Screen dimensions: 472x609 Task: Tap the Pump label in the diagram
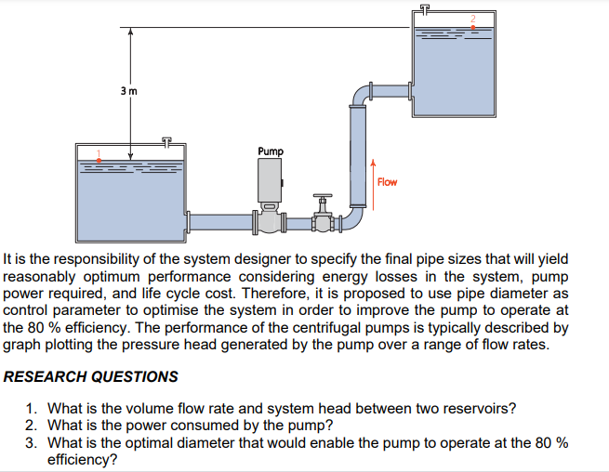pyautogui.click(x=271, y=151)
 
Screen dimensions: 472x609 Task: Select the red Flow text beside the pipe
pyautogui.click(x=387, y=181)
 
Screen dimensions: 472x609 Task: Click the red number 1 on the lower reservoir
pyautogui.click(x=99, y=153)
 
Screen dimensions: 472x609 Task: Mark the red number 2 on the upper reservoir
pyautogui.click(x=472, y=20)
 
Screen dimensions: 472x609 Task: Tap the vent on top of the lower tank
pyautogui.click(x=167, y=142)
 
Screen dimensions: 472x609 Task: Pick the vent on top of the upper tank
pyautogui.click(x=425, y=8)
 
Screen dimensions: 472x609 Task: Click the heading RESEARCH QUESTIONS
pyautogui.click(x=91, y=376)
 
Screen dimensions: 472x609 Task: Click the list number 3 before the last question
pyautogui.click(x=32, y=441)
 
